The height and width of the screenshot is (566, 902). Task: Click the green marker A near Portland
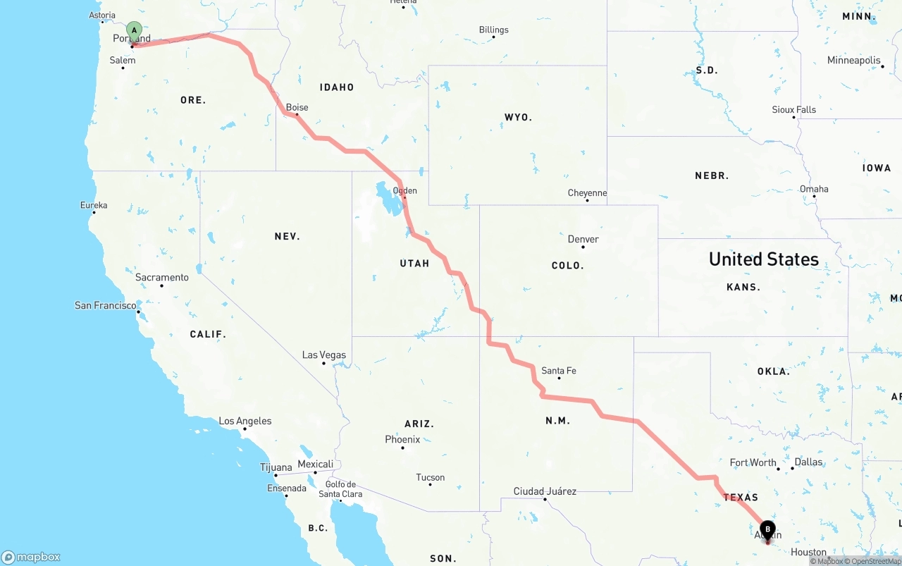tap(134, 32)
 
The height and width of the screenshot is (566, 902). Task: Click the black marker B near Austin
tap(767, 530)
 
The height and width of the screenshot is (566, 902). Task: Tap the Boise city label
tap(297, 108)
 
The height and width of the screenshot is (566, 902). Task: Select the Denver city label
tap(583, 240)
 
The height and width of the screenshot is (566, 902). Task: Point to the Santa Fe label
tap(559, 371)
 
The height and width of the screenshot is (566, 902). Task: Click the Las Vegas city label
tap(324, 355)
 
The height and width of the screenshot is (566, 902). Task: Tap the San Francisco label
tap(106, 306)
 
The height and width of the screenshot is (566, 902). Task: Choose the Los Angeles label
tap(245, 422)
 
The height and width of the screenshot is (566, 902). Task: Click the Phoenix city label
tap(402, 440)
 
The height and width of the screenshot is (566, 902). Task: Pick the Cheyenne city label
tap(587, 193)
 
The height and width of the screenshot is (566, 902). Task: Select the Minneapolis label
tap(854, 61)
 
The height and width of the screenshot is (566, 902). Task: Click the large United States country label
tap(764, 259)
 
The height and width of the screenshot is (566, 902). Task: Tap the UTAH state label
tap(414, 264)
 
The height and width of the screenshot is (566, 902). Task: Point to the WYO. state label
tap(518, 117)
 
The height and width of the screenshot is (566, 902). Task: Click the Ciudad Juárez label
tap(545, 491)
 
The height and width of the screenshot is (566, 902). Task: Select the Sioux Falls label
tap(794, 110)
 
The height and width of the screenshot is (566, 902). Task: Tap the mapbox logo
tap(31, 557)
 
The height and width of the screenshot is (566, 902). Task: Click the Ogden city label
tap(405, 191)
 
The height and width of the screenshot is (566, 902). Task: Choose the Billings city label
tap(493, 30)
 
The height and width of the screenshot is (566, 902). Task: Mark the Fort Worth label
tap(753, 463)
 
